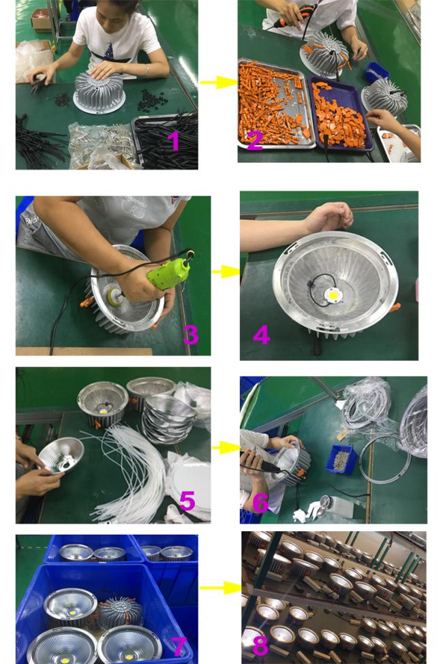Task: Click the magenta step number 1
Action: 173,141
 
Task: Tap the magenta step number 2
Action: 254,141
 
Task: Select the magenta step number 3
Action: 191,334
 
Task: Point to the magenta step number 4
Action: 261,334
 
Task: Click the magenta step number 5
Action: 187,501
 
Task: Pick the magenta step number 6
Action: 260,503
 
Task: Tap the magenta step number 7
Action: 179,647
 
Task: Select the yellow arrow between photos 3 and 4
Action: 226,272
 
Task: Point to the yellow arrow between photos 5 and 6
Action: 226,447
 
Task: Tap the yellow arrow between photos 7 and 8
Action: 220,588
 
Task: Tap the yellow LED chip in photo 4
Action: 333,294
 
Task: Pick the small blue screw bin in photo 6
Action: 341,459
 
